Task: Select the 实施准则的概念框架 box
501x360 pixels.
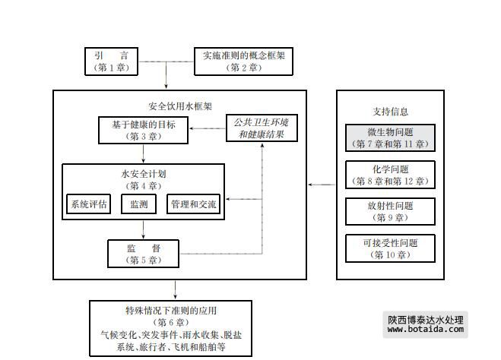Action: [x=243, y=62]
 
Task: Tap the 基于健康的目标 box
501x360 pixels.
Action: [x=143, y=130]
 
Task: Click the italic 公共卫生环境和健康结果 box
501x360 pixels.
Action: [x=262, y=128]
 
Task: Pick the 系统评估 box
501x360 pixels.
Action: [x=89, y=204]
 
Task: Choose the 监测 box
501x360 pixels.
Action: [x=138, y=204]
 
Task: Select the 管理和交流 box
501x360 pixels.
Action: [x=194, y=204]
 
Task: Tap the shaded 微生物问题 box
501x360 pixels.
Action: [x=390, y=137]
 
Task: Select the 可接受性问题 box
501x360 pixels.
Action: [x=390, y=248]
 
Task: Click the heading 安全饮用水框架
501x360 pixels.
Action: [x=179, y=107]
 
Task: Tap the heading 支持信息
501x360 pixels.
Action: [x=391, y=112]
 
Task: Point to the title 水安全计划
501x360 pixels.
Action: [x=143, y=174]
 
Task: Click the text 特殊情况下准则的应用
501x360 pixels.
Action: [x=171, y=311]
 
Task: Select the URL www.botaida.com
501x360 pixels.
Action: [x=426, y=333]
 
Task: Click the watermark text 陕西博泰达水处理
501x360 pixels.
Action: [x=426, y=321]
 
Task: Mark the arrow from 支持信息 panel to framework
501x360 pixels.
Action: [x=322, y=184]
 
